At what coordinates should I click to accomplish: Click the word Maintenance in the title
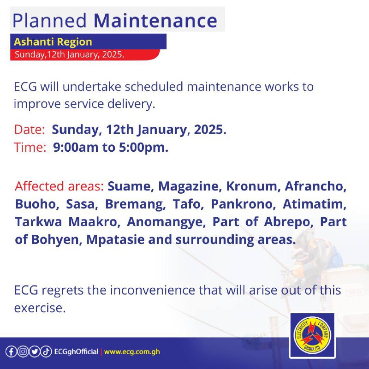(x=155, y=20)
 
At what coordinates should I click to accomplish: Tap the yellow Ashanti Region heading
(x=53, y=42)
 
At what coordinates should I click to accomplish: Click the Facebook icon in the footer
(x=11, y=352)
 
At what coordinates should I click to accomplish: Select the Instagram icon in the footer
(x=23, y=352)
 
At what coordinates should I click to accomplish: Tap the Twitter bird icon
(x=34, y=352)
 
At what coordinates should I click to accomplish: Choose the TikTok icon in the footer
(x=46, y=352)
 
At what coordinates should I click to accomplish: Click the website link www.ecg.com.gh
(x=132, y=352)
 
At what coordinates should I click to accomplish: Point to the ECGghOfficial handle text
(x=76, y=351)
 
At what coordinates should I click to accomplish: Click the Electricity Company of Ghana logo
(x=312, y=335)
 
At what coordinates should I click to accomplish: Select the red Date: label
(x=30, y=130)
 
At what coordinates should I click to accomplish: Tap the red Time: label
(x=30, y=147)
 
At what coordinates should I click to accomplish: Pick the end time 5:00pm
(x=143, y=147)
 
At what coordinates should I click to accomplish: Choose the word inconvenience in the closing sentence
(x=153, y=290)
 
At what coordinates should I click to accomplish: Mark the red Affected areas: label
(x=60, y=186)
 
